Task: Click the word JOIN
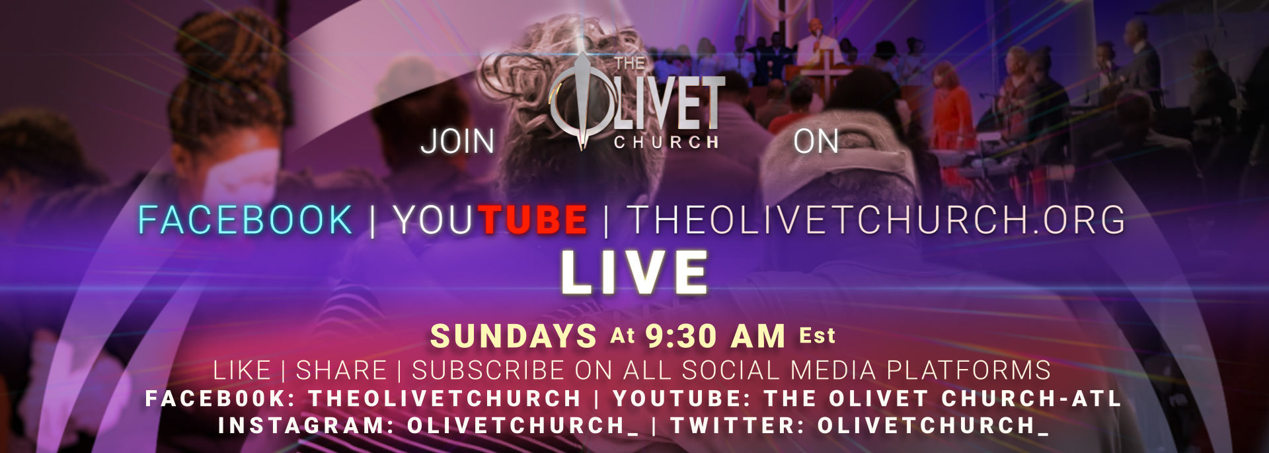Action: coord(457,142)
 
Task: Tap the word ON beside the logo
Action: coord(816,142)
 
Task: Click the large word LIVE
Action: coord(634,272)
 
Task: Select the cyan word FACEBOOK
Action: coord(245,220)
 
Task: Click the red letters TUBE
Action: coord(533,220)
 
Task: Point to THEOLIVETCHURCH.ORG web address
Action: coord(876,220)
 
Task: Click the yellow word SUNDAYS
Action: coord(514,336)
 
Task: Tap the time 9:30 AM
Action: coord(715,336)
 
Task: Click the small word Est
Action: coord(818,336)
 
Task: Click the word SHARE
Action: coord(341,370)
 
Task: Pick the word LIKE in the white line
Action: coord(242,370)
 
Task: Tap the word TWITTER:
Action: coord(738,426)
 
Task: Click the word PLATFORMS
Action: coord(968,370)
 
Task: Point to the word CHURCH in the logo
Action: coord(666,142)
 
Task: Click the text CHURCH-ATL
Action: coord(1032,399)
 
